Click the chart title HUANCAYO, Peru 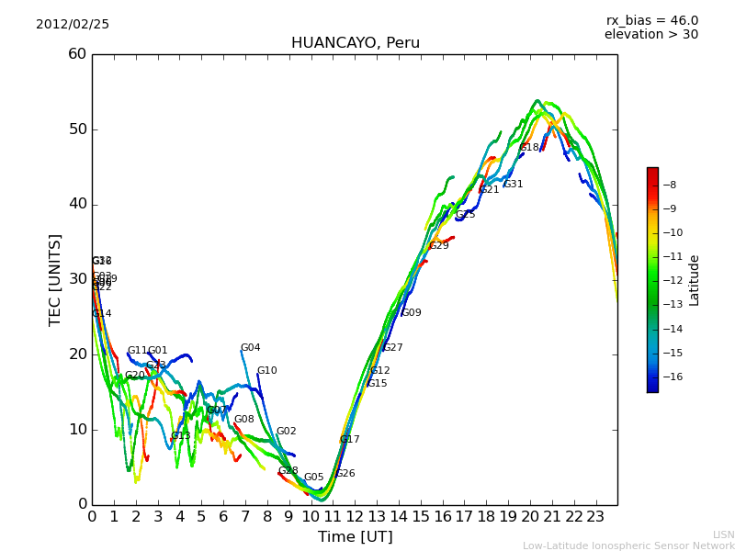click(355, 43)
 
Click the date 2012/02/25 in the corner click(73, 25)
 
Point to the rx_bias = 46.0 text click(651, 21)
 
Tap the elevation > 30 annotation click(650, 35)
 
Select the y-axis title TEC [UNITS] click(55, 279)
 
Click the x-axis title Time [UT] click(355, 537)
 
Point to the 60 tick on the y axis click(77, 54)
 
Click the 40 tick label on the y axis click(77, 204)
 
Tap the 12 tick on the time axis click(355, 517)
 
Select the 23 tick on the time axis click(595, 517)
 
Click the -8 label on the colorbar click(670, 186)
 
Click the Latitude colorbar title click(695, 280)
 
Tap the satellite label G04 click(250, 348)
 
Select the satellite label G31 click(513, 185)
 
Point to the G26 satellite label click(345, 474)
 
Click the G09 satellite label click(412, 313)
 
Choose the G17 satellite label click(349, 440)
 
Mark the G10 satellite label click(266, 371)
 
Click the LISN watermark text click(723, 534)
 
